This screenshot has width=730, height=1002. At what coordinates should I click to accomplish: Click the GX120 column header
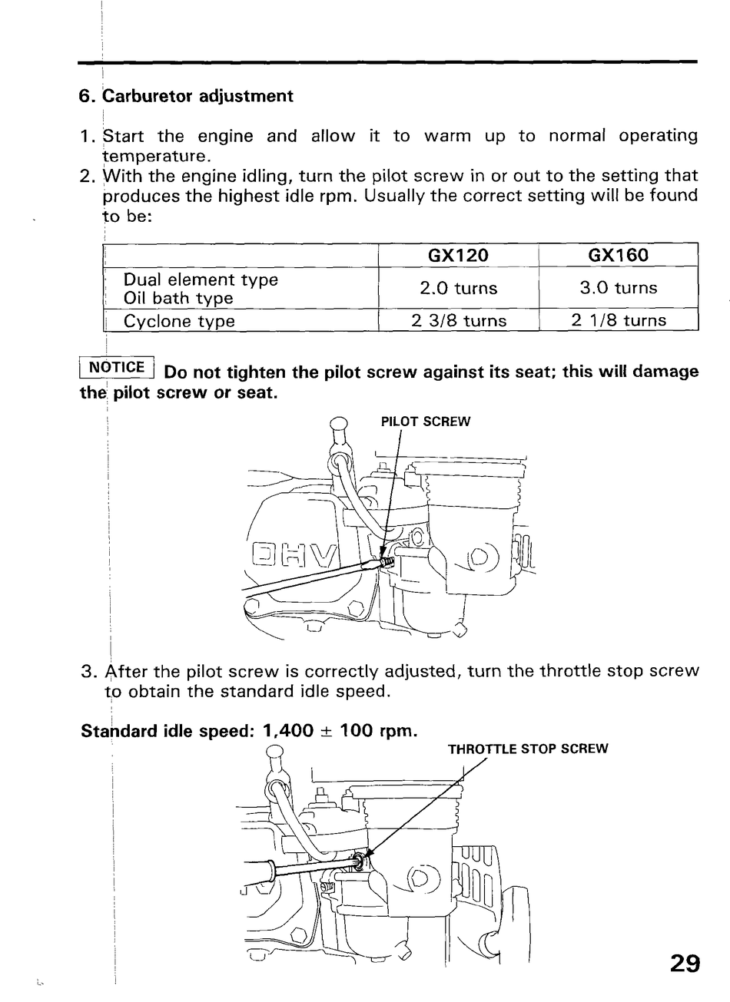(x=458, y=255)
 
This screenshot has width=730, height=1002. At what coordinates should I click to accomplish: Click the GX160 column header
(x=618, y=255)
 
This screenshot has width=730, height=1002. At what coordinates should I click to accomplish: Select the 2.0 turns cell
(x=458, y=289)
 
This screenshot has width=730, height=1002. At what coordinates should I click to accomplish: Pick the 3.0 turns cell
(x=618, y=289)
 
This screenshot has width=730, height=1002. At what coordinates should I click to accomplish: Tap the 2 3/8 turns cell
(x=458, y=321)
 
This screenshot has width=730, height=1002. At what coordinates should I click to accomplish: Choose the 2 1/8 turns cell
(x=618, y=321)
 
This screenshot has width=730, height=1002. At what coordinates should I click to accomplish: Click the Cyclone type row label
(x=179, y=321)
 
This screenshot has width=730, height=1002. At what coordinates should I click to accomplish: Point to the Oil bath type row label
(x=178, y=299)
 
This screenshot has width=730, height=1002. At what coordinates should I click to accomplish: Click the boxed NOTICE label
(x=117, y=367)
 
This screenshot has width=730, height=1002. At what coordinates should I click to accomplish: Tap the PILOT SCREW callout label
(x=425, y=422)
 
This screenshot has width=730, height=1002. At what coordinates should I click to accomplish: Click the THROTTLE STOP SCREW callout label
(x=527, y=749)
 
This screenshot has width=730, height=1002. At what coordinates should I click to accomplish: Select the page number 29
(x=685, y=964)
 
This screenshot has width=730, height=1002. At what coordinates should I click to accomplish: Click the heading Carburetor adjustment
(x=197, y=96)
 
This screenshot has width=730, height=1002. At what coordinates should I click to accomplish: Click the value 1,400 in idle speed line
(x=287, y=730)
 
